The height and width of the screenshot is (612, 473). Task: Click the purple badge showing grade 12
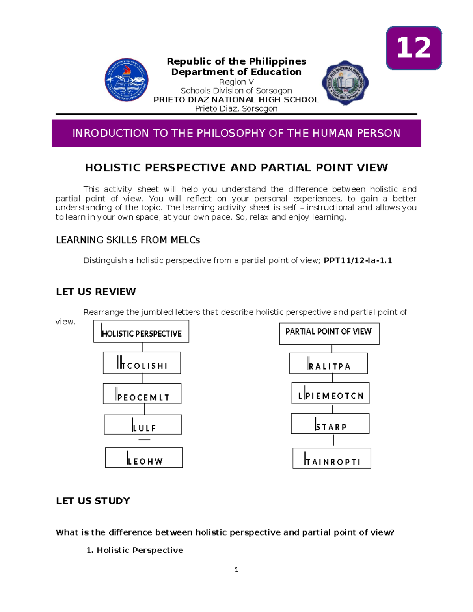pos(414,48)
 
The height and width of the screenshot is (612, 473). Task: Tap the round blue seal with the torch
pos(127,80)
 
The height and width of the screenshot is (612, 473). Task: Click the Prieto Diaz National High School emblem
pos(345,82)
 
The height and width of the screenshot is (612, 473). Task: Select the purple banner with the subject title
pos(236,133)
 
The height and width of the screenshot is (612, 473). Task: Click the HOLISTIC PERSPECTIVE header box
pos(141,331)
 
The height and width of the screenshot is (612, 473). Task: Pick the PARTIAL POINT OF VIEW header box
pos(329,334)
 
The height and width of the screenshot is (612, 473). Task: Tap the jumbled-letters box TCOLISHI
pos(142,363)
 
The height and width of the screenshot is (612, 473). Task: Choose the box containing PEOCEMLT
pos(142,394)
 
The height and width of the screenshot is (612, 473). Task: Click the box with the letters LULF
pos(143,424)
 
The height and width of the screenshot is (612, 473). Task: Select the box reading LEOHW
pos(144,458)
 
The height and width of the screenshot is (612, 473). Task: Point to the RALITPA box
pos(328,363)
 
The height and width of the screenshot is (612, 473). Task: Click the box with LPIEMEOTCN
pos(330,393)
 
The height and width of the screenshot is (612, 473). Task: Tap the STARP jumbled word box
pos(330,424)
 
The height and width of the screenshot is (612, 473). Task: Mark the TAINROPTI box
pos(332,458)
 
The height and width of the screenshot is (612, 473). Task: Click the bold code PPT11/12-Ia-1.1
pos(358,260)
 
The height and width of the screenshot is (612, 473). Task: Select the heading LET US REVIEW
pos(96,292)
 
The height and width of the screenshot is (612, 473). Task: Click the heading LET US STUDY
pos(93,501)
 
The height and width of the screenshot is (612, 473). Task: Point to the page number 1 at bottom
pos(236,569)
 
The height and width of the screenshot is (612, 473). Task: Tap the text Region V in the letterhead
pos(236,82)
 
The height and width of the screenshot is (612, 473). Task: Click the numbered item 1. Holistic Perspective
pos(135,550)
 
